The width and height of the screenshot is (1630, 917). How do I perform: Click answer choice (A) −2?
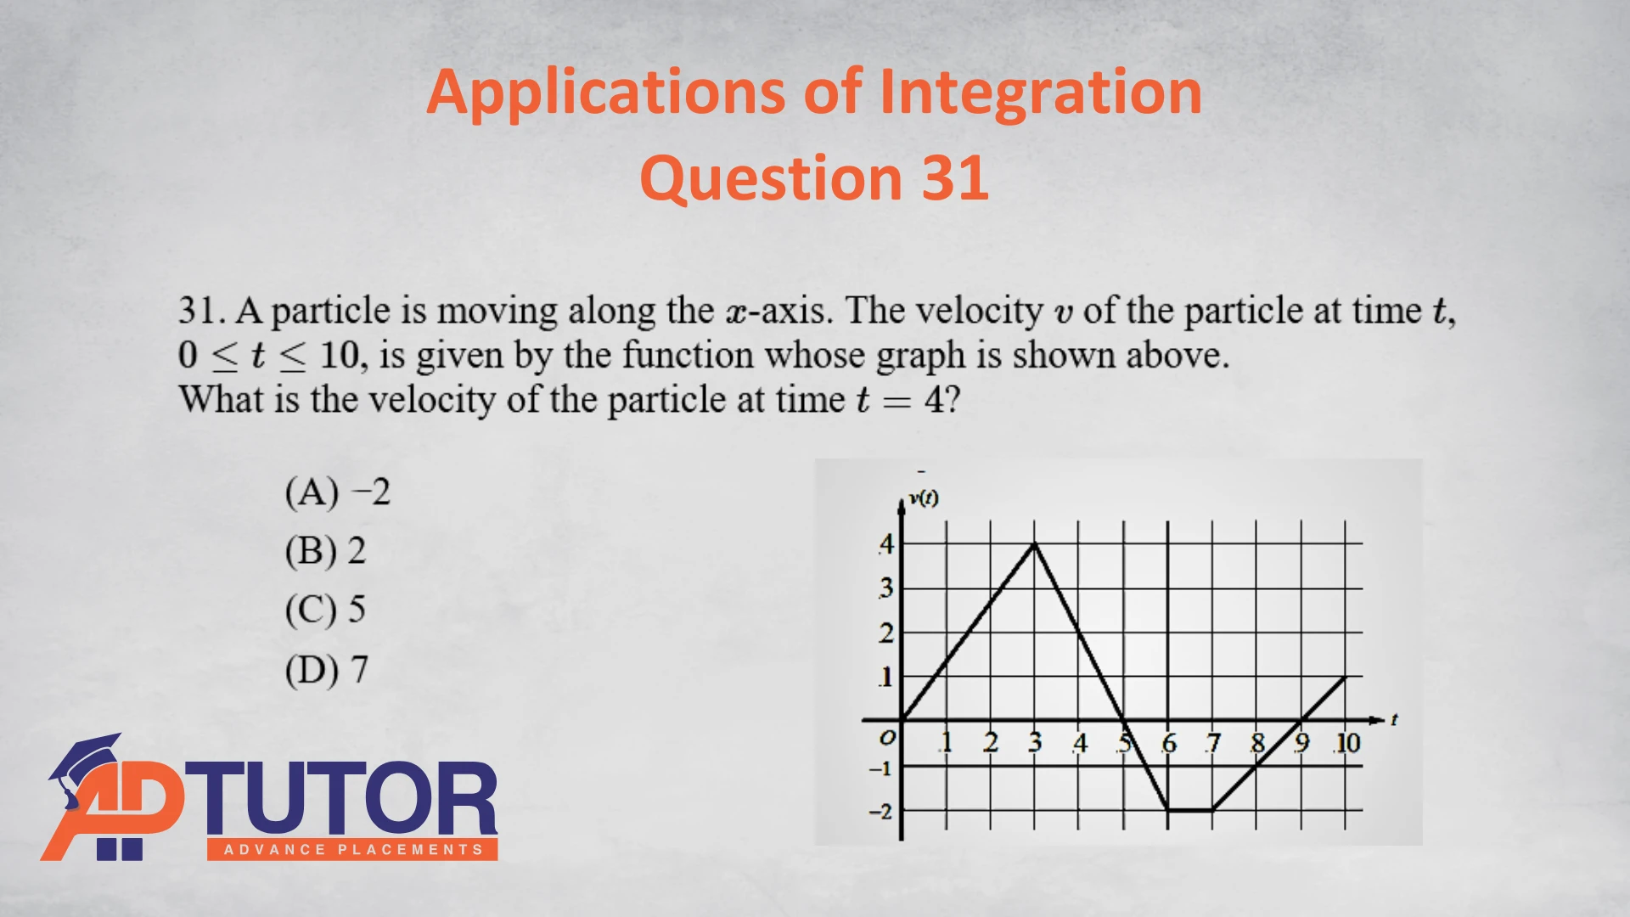pos(338,492)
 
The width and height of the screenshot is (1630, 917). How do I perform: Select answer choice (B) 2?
pos(325,551)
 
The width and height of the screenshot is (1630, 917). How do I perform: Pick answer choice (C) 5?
pos(325,610)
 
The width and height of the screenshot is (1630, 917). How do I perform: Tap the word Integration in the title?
pos(1041,93)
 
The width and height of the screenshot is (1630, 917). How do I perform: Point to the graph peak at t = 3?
pos(1035,543)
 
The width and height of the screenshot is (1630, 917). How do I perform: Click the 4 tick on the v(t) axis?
pos(886,543)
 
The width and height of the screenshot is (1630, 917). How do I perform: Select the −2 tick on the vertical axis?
pos(880,812)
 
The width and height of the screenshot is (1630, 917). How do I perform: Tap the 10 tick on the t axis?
pos(1347,743)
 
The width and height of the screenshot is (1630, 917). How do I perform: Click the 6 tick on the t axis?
pos(1169,744)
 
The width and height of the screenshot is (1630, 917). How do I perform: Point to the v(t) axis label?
pos(924,498)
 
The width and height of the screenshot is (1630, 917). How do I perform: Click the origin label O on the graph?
pos(887,737)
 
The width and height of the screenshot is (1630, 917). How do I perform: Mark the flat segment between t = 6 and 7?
pos(1190,810)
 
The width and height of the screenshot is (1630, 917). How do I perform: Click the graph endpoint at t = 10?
pos(1346,677)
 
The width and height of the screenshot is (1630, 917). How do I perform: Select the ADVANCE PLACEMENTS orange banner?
pos(352,849)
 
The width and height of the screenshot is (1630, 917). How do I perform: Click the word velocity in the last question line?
pos(431,400)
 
